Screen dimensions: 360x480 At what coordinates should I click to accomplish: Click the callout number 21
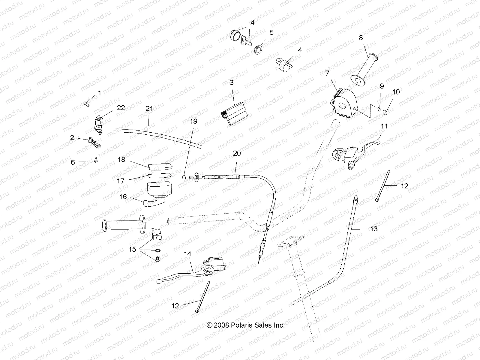[149, 109]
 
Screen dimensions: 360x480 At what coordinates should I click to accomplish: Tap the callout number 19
[194, 121]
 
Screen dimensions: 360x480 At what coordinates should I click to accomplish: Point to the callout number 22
[121, 108]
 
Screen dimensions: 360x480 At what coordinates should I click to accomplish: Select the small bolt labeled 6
[96, 160]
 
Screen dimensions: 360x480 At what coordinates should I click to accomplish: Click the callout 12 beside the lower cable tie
[175, 306]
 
